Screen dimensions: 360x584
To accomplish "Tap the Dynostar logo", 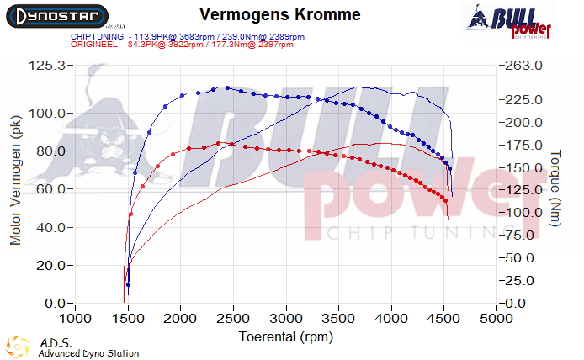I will tap(56, 16).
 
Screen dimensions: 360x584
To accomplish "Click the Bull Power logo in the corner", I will tap(510, 22).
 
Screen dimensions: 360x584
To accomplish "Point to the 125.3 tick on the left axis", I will tap(48, 66).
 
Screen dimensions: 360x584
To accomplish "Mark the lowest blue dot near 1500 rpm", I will tap(128, 285).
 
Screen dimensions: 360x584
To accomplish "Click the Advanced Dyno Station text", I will tap(88, 353).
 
